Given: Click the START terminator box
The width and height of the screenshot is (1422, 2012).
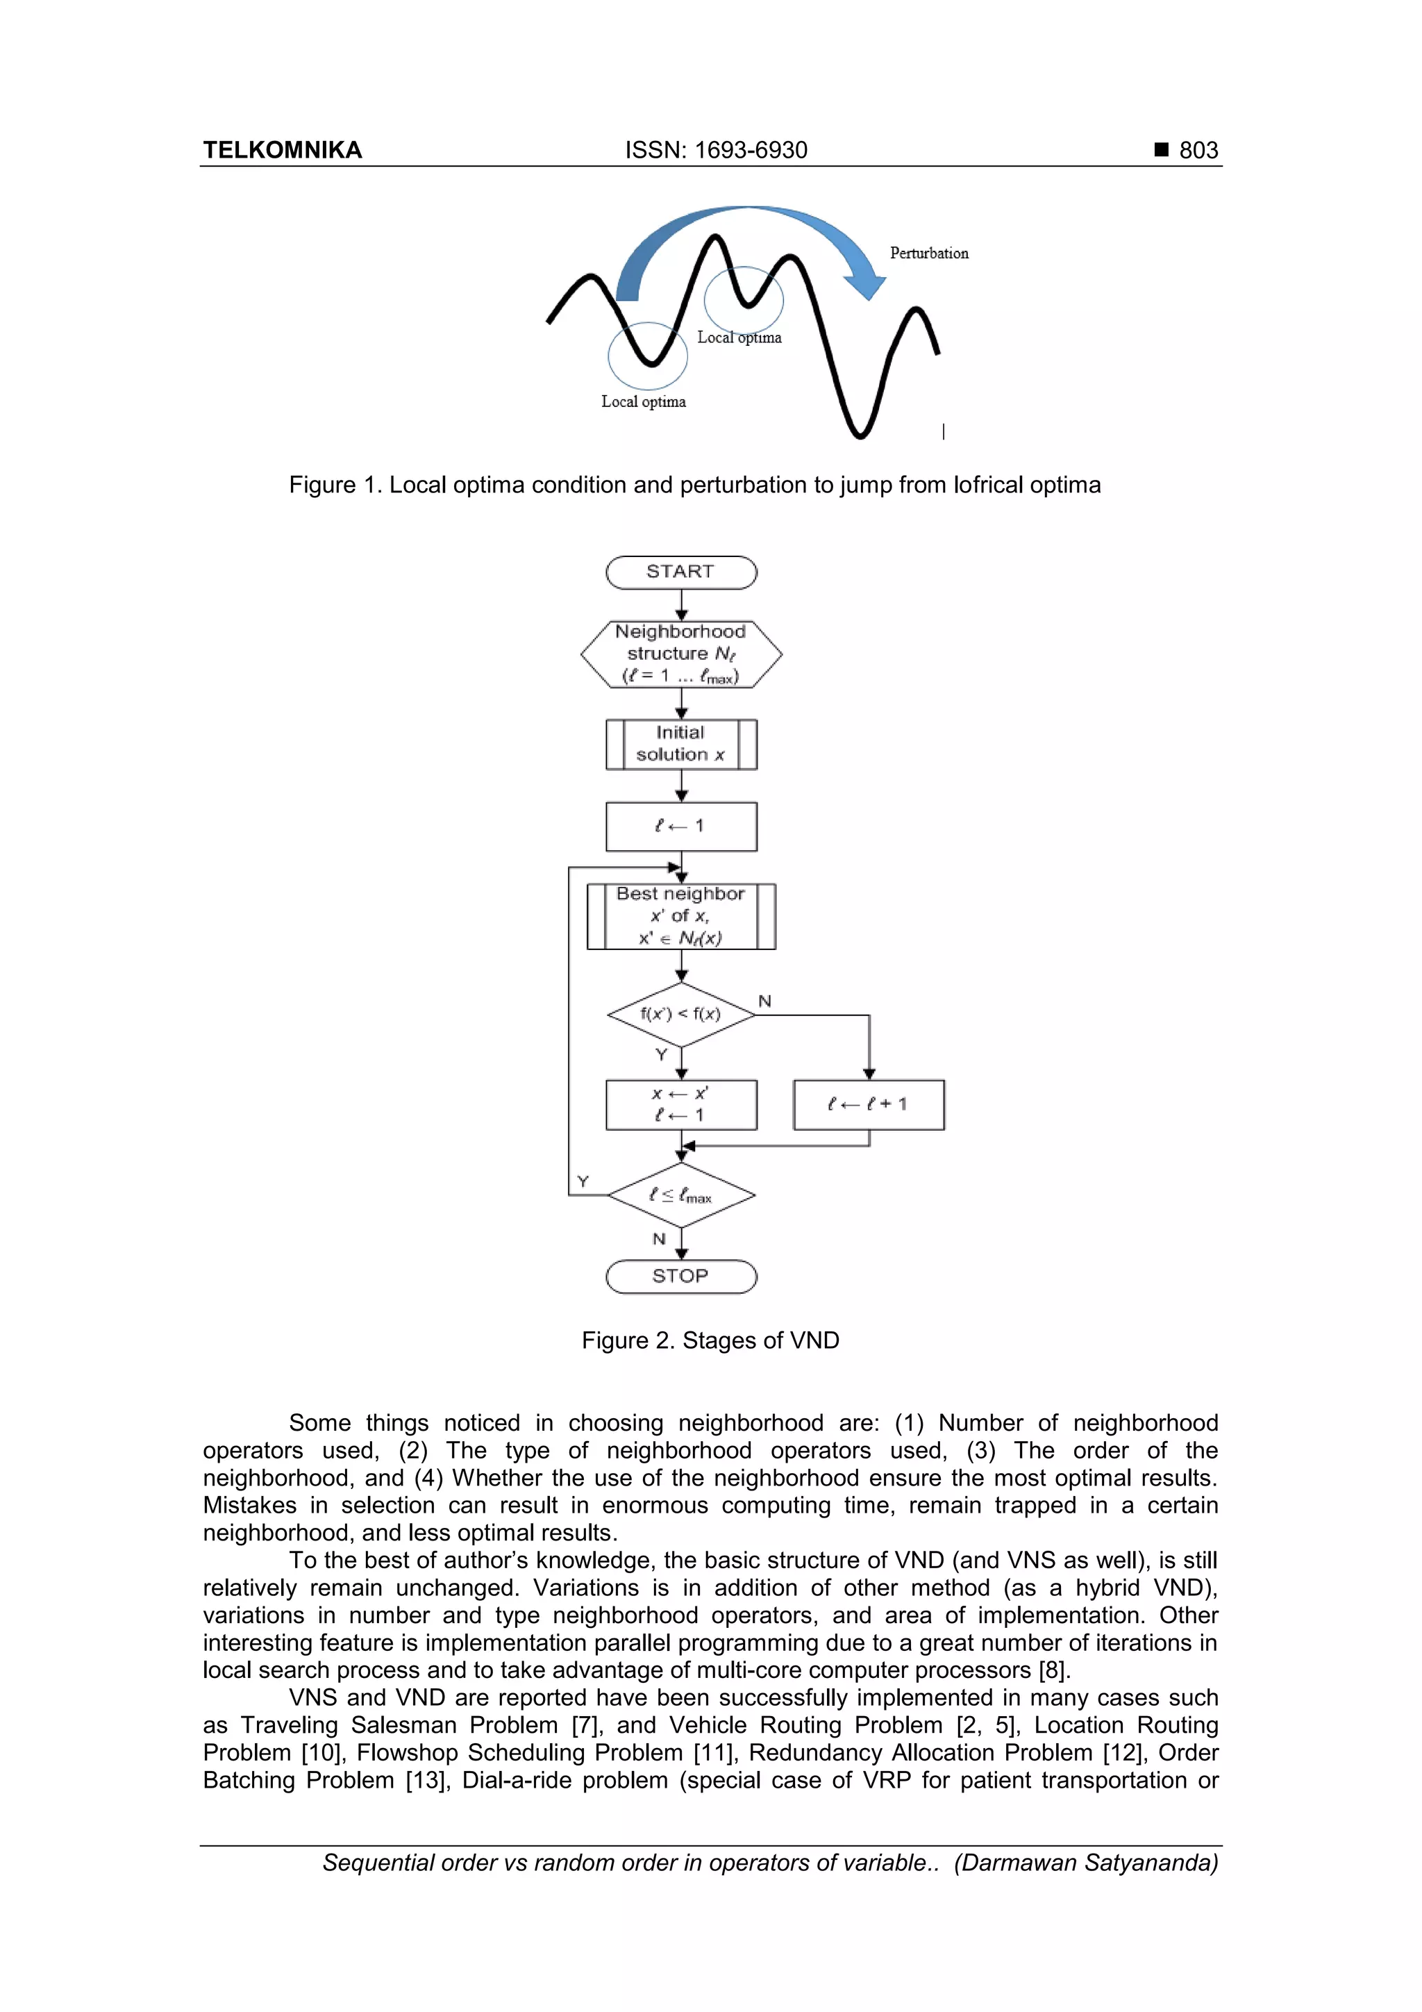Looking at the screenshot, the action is [x=680, y=572].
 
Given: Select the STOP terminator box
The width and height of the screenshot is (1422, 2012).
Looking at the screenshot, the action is [x=680, y=1276].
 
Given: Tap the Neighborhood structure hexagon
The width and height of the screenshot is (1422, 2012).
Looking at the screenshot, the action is [x=680, y=654].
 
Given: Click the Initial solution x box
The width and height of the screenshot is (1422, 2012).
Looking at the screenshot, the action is [x=680, y=744].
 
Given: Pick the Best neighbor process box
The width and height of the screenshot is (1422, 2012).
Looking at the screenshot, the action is [x=680, y=916].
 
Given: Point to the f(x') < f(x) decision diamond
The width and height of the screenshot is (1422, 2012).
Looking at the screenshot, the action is [x=680, y=1014].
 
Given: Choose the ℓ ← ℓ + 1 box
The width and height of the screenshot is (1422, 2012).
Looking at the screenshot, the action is [x=869, y=1104].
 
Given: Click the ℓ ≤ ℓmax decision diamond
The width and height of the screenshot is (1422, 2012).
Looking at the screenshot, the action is [x=680, y=1195].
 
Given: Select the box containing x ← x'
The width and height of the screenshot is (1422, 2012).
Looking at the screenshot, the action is [x=680, y=1104].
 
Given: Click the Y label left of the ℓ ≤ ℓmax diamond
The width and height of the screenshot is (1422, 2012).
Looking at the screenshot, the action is [x=583, y=1181].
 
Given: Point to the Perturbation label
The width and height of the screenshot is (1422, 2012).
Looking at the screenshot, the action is [x=929, y=253].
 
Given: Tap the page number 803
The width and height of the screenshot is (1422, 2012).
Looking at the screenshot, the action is [x=1198, y=151].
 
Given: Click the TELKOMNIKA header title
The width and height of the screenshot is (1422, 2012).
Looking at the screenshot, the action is [x=282, y=151].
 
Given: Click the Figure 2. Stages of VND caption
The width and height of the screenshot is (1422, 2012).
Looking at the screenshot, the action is [x=710, y=1340].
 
